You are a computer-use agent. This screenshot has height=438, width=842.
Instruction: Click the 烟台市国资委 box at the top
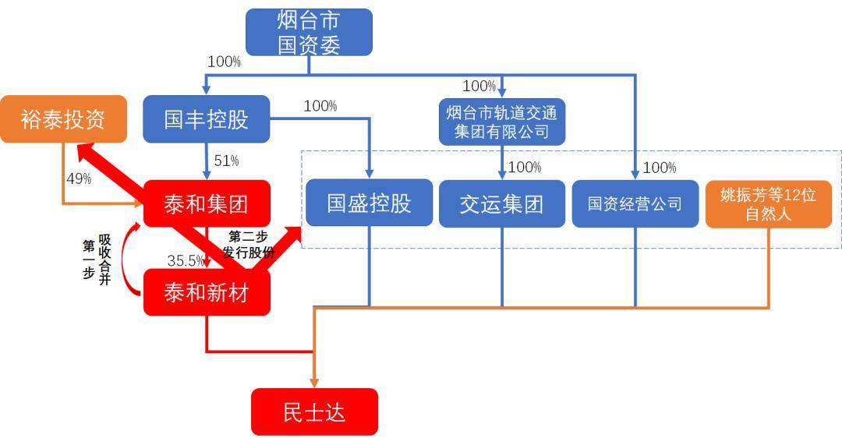click(x=309, y=32)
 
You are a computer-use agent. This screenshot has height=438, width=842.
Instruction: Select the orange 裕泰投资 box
click(x=63, y=119)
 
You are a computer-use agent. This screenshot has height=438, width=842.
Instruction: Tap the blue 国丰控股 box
click(x=206, y=119)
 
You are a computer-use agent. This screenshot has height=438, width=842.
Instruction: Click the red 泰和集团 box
click(x=207, y=204)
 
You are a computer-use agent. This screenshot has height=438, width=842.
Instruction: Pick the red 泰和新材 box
click(x=207, y=292)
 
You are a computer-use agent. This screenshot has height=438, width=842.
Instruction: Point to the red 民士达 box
click(x=314, y=411)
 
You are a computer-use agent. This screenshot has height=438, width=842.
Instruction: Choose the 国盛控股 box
click(x=369, y=203)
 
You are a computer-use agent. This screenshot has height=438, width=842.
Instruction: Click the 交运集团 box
click(x=501, y=203)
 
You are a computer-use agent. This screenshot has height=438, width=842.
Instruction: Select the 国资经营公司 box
click(x=635, y=203)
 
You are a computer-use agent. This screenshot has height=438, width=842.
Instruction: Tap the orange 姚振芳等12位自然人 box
click(x=768, y=203)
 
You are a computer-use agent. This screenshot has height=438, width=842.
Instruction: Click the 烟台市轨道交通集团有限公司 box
click(x=501, y=122)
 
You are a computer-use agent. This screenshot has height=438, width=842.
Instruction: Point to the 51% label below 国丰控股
click(x=226, y=161)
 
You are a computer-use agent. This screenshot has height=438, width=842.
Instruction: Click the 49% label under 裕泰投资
click(x=79, y=178)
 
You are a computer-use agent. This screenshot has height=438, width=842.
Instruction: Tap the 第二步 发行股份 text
click(x=249, y=243)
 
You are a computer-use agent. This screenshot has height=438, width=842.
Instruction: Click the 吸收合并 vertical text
click(x=104, y=260)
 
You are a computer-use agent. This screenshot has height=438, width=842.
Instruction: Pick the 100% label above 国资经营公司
click(x=660, y=168)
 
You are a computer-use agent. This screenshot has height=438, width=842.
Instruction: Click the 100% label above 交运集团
click(x=524, y=167)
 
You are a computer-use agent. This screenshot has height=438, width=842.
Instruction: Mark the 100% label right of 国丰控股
click(x=320, y=106)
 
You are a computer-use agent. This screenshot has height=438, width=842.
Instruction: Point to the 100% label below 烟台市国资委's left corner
click(x=225, y=62)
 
